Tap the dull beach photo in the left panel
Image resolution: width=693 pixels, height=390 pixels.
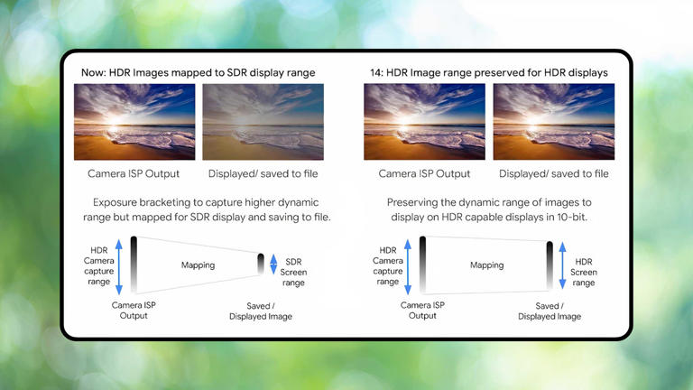261,122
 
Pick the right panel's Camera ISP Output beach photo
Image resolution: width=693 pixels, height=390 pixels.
424,122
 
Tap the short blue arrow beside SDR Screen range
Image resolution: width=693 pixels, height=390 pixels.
274,265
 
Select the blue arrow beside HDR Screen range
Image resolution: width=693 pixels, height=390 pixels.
564,265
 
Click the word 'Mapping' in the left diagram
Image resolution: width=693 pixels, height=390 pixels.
199,265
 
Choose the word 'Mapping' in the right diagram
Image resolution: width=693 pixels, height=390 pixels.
486,265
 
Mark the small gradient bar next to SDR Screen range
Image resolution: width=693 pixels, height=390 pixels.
261,265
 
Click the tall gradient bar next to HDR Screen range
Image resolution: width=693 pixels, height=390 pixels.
550,265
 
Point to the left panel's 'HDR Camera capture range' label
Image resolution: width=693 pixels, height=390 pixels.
99,265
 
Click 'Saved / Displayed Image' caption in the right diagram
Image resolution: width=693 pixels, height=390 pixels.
550,311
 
